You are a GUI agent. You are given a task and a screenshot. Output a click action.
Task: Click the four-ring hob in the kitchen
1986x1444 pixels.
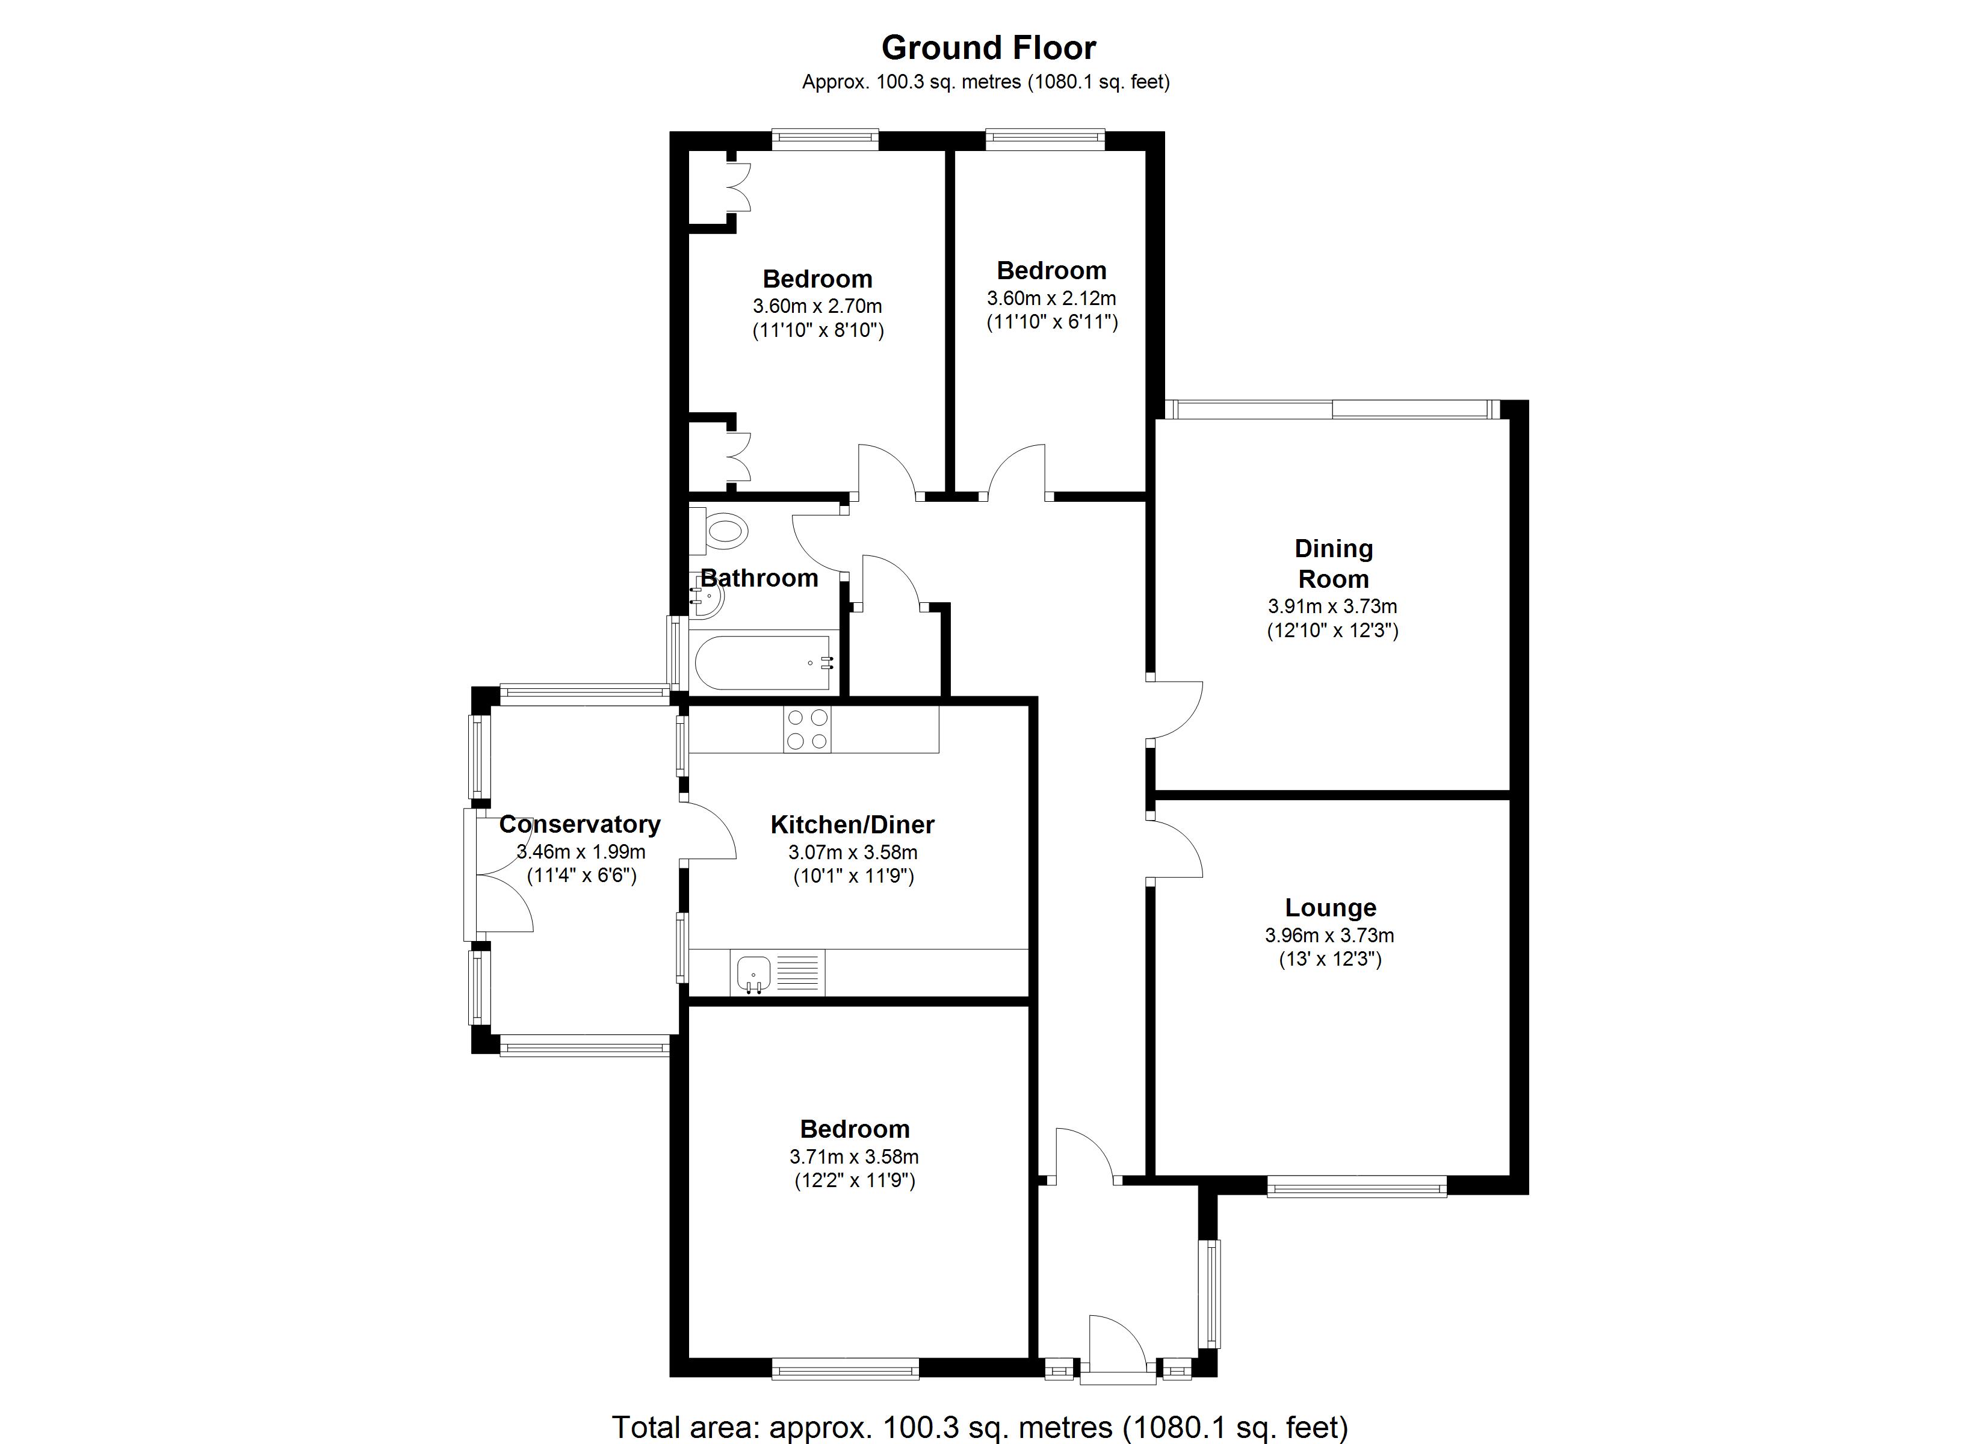(x=806, y=729)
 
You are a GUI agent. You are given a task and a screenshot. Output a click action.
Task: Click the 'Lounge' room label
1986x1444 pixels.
(x=1330, y=907)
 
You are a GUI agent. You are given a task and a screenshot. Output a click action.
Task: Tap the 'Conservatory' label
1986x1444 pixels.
(x=580, y=824)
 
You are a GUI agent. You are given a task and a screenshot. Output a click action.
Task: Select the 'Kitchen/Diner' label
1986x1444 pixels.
(x=852, y=824)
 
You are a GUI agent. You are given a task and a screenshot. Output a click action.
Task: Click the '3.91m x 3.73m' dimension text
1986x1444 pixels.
(x=1332, y=606)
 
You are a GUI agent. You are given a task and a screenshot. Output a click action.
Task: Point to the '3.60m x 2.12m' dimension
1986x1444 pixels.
(x=1051, y=298)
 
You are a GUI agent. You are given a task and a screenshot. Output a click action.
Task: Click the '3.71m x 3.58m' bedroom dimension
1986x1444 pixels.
(x=854, y=1157)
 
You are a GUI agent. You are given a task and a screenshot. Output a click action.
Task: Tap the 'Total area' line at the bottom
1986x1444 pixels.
(x=979, y=1427)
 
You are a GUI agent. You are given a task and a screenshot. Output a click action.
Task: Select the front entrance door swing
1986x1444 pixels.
(x=1116, y=1344)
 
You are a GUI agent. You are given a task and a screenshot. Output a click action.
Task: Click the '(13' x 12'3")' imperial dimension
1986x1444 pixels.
(x=1330, y=959)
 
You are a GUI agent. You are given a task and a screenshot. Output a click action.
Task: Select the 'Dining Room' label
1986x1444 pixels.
(x=1333, y=563)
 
